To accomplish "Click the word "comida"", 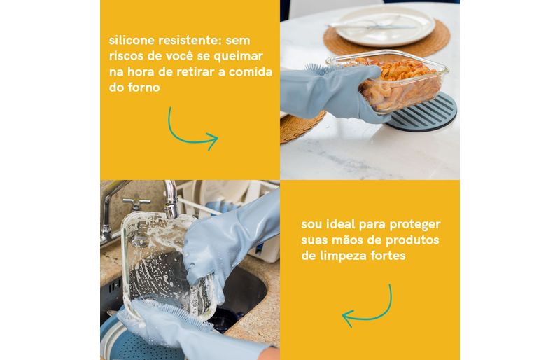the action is [251, 71].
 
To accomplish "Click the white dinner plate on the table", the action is [385, 25].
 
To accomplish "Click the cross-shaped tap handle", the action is [136, 203].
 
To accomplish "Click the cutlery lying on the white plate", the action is [372, 25].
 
